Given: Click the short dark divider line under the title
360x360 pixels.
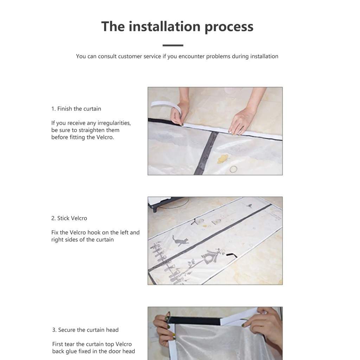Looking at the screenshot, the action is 173,45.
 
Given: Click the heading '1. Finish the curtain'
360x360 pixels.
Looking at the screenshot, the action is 76,109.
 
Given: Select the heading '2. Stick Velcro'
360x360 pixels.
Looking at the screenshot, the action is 69,218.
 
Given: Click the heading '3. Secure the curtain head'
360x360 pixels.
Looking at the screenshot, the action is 85,330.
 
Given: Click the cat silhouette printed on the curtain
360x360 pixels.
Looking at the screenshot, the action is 180,240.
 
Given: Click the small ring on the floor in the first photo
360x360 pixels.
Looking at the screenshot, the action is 233,169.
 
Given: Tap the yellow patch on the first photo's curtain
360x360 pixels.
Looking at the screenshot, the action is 223,159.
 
